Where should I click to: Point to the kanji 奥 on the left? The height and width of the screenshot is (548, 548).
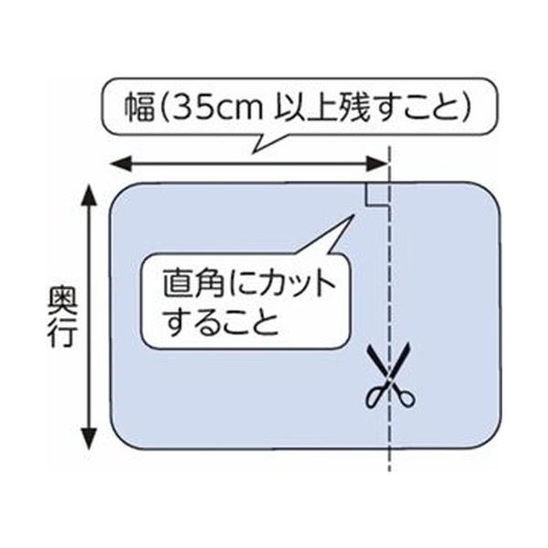62,299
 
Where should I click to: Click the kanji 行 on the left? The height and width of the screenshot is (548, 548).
62,332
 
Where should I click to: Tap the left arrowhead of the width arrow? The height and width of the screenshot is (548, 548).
121,163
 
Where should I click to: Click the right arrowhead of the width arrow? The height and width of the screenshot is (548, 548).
376,163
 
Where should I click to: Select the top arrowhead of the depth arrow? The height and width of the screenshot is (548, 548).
90,196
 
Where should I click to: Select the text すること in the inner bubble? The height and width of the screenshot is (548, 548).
222,321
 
